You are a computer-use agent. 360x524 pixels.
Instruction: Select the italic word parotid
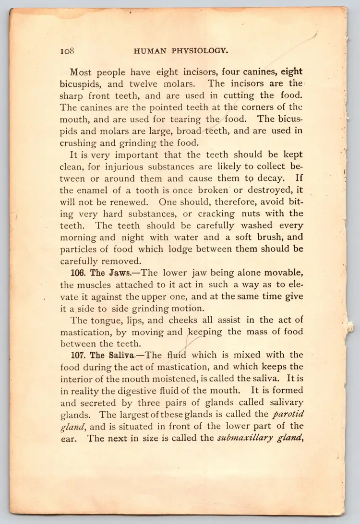(x=288, y=414)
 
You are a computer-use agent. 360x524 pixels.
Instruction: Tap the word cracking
(x=214, y=213)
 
